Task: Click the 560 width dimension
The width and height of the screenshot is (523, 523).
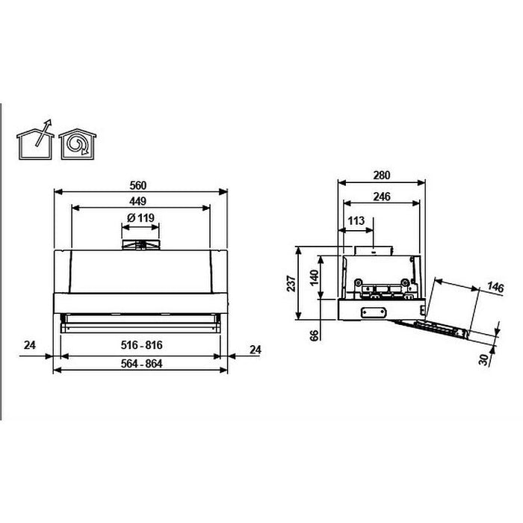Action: pos(140,185)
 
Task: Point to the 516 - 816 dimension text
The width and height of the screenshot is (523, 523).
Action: pos(142,346)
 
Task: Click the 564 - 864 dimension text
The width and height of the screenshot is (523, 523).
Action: pos(142,364)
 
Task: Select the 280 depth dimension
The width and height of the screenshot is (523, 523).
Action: pos(381,176)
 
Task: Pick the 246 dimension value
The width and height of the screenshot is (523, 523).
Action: pos(381,197)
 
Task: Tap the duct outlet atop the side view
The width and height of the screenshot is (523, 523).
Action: pos(374,250)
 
